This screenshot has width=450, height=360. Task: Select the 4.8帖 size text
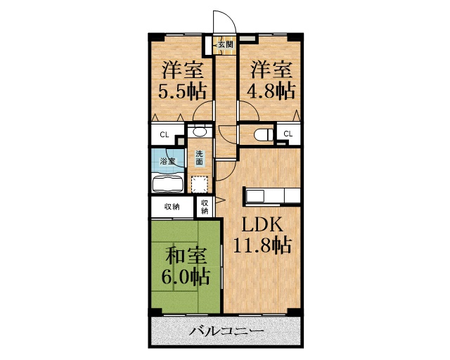[269, 91]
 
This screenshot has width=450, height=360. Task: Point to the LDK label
[262, 224]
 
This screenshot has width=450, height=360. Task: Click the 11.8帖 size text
[262, 245]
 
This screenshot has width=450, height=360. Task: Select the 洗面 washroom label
[200, 158]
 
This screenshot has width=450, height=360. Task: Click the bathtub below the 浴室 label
[167, 184]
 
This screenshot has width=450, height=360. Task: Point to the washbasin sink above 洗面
[200, 131]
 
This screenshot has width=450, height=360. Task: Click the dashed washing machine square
[200, 185]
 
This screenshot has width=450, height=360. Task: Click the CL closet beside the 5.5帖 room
[165, 134]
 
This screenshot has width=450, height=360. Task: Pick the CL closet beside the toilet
[289, 134]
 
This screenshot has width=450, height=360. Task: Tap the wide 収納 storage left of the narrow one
[172, 207]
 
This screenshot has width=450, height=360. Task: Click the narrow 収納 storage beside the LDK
[205, 207]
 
